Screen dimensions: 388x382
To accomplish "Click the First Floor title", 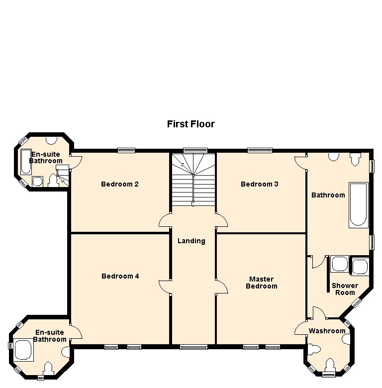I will [191, 124].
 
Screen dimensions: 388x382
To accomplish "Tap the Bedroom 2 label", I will [119, 184].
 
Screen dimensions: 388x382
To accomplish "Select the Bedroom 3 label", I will [259, 184].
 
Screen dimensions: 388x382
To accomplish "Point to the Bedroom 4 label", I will [120, 276].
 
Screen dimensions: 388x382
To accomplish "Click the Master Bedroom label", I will [262, 283].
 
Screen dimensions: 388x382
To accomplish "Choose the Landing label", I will [191, 241].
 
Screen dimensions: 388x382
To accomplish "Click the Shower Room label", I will [345, 289].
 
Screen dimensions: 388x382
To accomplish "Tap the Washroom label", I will [327, 331].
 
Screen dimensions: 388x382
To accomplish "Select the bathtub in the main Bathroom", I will [359, 204].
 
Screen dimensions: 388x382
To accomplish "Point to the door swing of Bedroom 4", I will [164, 286].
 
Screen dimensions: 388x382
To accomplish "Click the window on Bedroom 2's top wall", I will [126, 150].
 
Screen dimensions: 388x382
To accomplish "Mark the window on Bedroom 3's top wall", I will [260, 150].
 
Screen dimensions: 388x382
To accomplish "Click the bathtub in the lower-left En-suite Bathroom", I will [23, 349].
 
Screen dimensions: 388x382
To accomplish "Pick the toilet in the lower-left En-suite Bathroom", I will [48, 368].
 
